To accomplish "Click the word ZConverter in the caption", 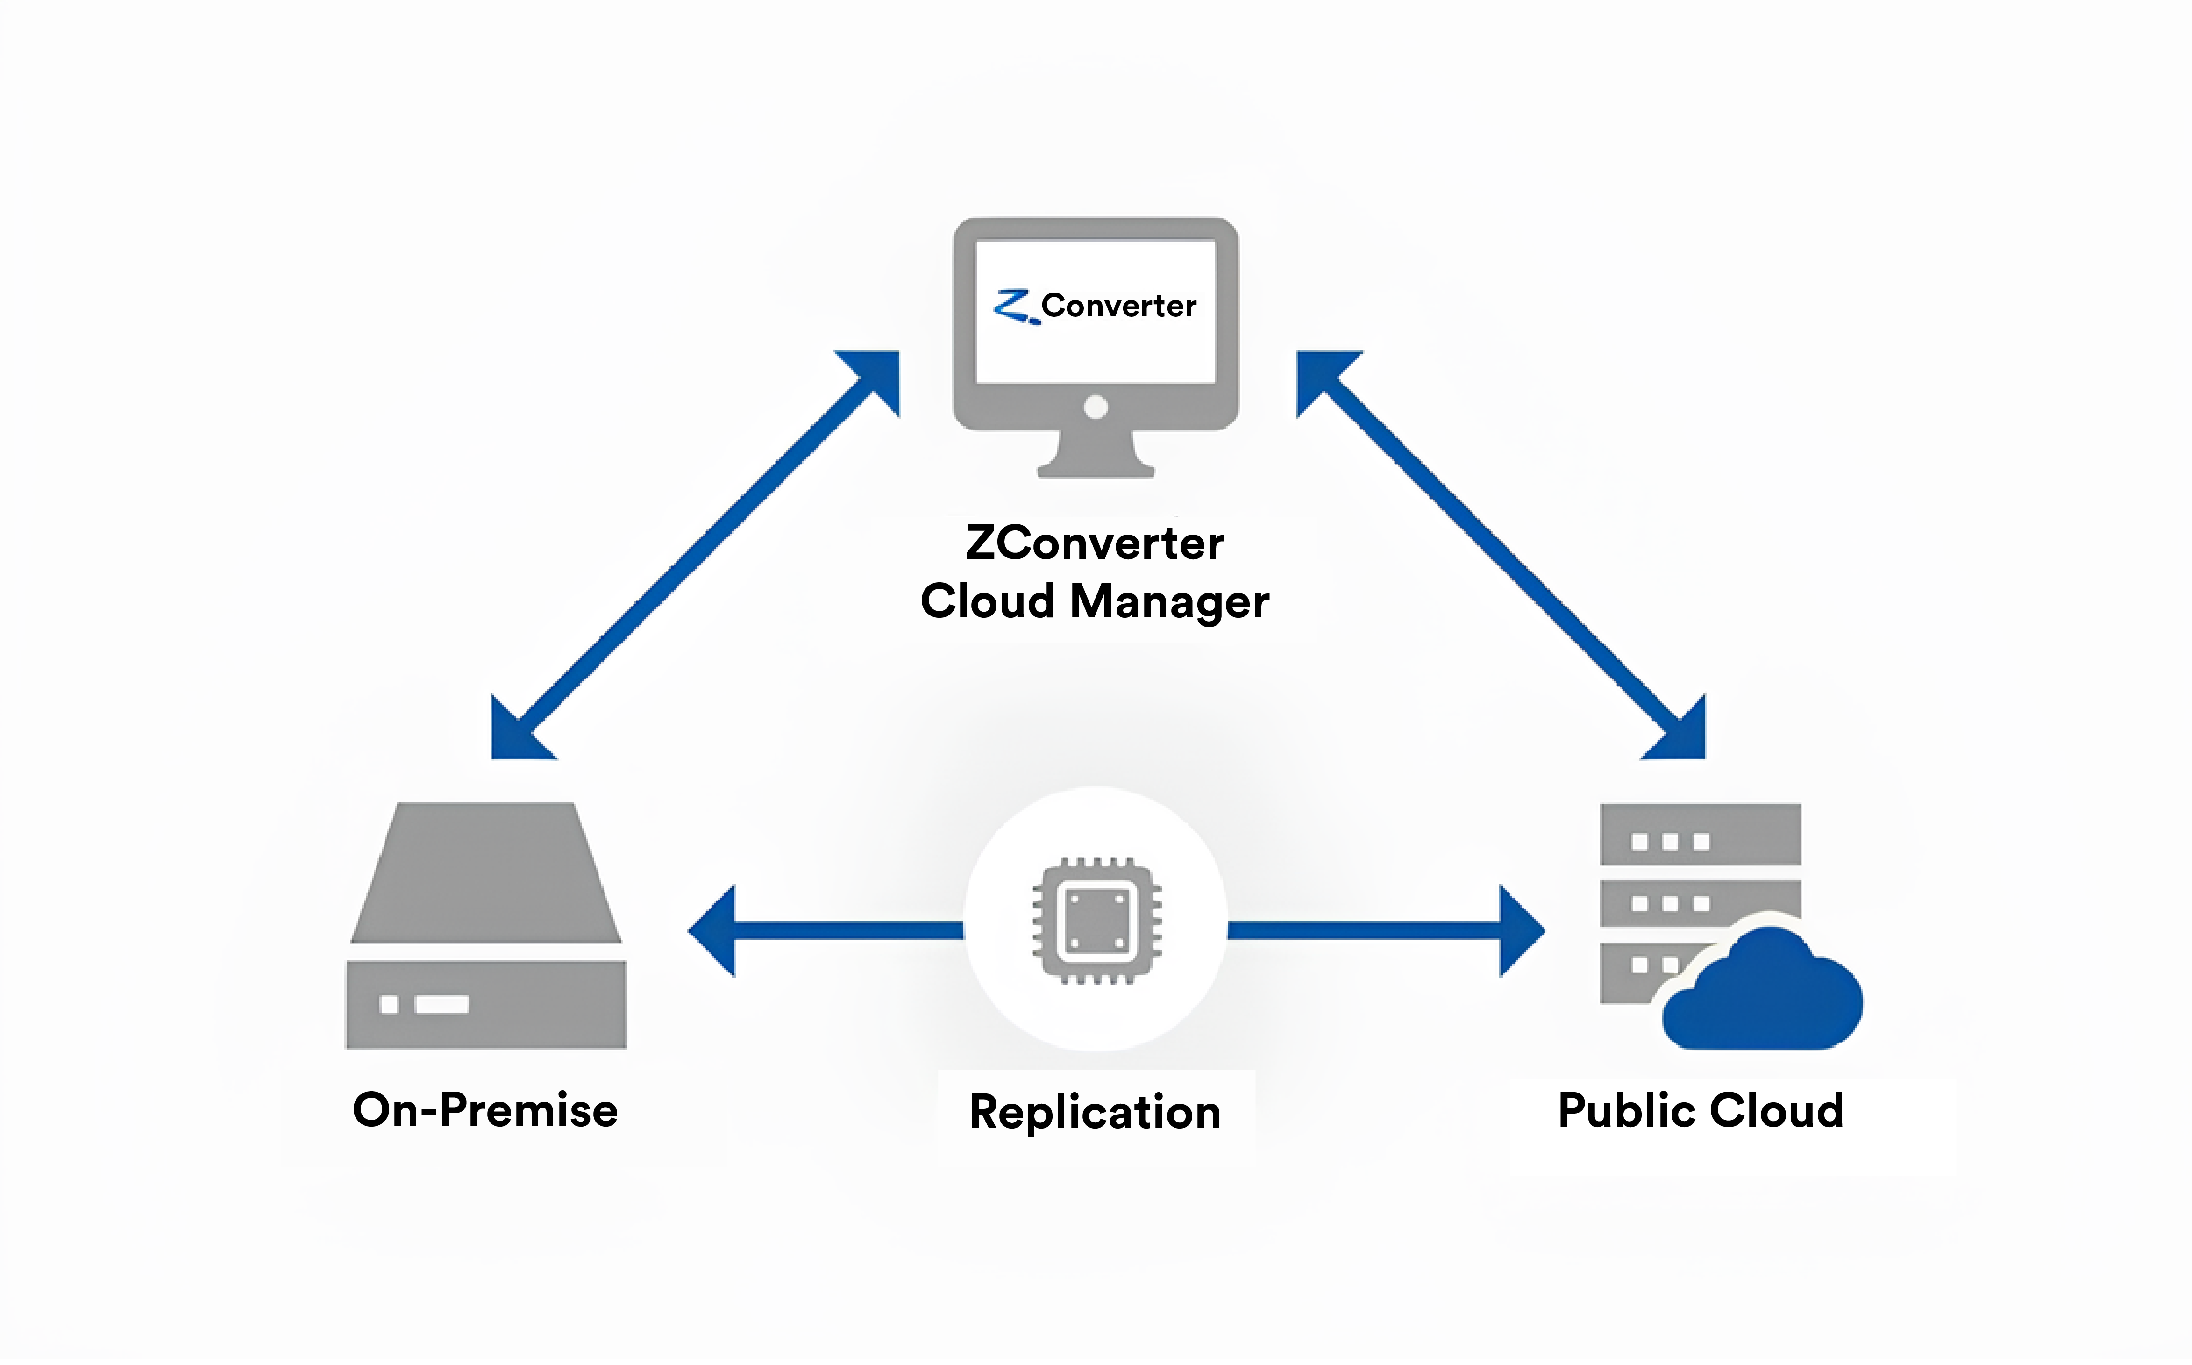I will tap(1095, 543).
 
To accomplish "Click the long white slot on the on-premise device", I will tap(441, 1004).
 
